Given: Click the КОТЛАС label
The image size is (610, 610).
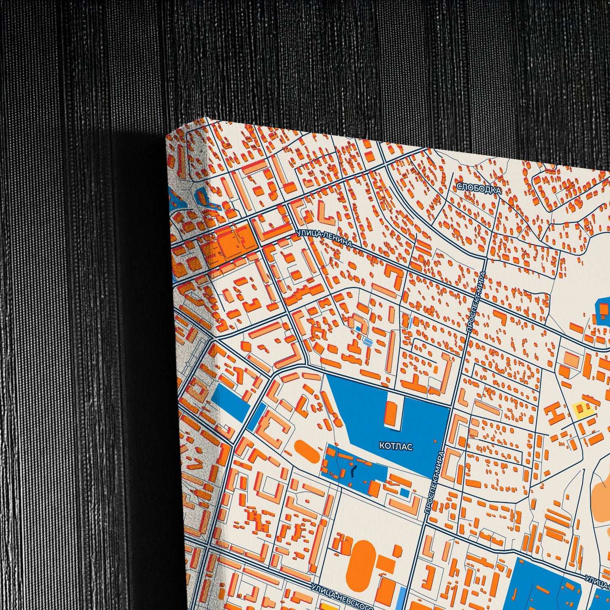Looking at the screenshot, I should pos(396,446).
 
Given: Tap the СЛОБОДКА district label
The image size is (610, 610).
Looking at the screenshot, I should pos(479,189).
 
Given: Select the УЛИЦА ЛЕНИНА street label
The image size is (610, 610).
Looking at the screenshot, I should pos(324,239).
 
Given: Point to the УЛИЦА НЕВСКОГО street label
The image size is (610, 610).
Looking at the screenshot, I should pos(342,598).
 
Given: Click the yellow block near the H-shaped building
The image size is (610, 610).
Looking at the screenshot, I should pos(583,409).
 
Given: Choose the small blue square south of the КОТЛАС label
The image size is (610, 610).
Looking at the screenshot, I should pos(404,492).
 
